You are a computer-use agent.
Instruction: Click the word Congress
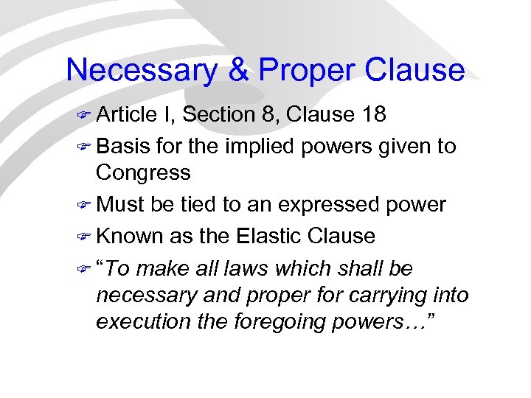(143, 174)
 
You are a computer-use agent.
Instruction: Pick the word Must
(119, 204)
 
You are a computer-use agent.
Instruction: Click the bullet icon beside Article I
(84, 116)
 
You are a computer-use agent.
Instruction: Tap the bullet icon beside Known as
(84, 237)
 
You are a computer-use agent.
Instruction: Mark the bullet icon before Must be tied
(84, 205)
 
